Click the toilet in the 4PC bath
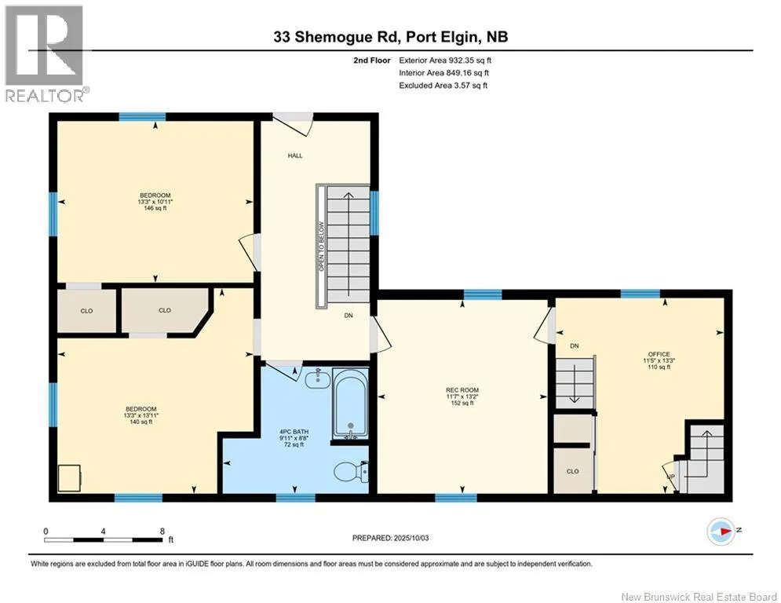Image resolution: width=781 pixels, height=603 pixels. coord(351,471)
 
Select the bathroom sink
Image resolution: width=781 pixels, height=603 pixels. coord(317,379)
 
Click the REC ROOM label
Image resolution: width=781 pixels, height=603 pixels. coord(462,390)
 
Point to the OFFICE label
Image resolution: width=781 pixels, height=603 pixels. coord(659,354)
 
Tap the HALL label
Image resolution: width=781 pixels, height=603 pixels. coord(295,155)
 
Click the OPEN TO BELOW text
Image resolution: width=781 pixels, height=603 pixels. coord(321,247)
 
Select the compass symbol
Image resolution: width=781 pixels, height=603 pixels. coord(721,532)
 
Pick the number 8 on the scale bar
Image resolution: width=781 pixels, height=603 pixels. coord(162,532)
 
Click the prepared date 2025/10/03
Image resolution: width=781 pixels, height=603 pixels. coord(411,538)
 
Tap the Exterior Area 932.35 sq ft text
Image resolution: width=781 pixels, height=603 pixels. coord(445,60)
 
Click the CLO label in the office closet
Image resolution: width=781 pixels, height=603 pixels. coord(573,471)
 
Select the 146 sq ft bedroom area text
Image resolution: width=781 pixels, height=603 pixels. coord(155,208)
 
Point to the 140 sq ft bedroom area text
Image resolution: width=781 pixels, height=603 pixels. coord(141,422)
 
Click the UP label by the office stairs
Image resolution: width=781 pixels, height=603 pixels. coord(671,477)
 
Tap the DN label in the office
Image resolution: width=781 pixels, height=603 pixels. coord(575,345)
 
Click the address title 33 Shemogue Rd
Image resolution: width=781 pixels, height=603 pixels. coord(338,37)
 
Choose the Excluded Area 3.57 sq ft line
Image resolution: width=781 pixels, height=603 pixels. coord(443,86)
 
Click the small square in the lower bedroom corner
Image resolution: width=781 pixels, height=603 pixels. coord(70,477)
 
